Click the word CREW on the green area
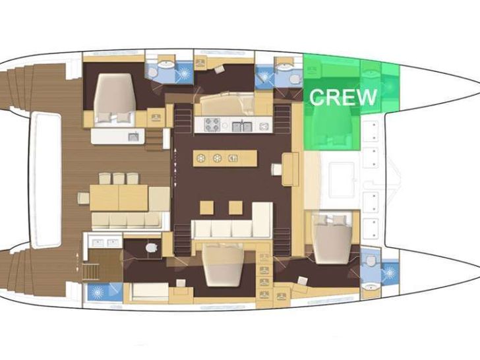(343, 97)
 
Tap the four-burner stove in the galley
(212, 125)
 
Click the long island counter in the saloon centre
(225, 158)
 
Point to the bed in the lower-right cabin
(332, 239)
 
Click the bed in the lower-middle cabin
(223, 265)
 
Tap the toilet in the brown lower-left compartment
(151, 247)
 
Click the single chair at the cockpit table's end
(83, 198)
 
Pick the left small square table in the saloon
(206, 208)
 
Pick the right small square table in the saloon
(235, 208)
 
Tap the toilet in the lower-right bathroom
(371, 260)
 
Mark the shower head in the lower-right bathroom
(390, 272)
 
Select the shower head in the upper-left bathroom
(184, 73)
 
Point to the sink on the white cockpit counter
(133, 137)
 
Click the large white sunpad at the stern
(47, 180)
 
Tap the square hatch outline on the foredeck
(342, 180)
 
